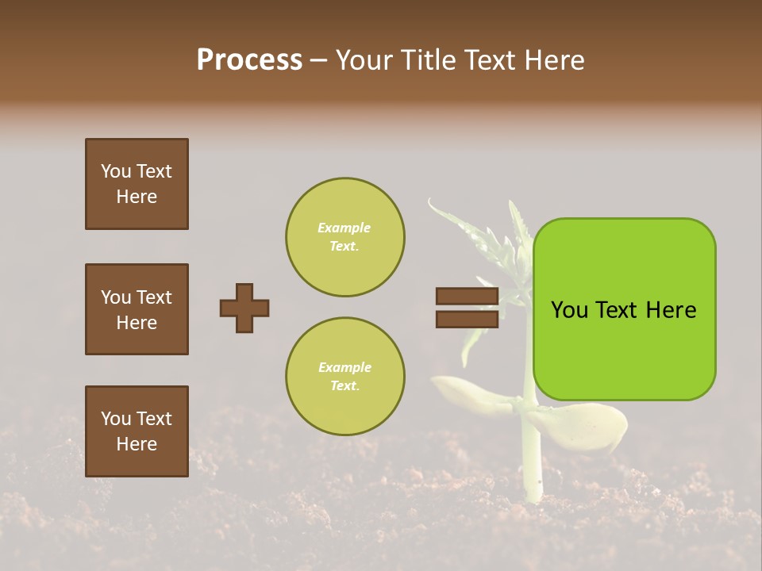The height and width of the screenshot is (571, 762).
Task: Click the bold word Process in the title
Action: click(249, 60)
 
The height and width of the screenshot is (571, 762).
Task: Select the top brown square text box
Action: click(137, 184)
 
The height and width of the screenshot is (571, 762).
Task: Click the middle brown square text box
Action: click(137, 309)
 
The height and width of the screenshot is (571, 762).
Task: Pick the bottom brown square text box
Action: click(137, 431)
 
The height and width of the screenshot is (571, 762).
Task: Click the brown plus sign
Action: click(244, 308)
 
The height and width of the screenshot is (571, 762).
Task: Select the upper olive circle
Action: click(345, 237)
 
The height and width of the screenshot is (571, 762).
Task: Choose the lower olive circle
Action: click(345, 377)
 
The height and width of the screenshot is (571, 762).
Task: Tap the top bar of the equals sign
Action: click(467, 297)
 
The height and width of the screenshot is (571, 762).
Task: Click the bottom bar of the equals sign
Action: click(467, 319)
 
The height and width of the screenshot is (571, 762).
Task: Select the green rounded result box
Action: click(624, 309)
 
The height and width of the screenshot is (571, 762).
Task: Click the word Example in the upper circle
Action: click(344, 228)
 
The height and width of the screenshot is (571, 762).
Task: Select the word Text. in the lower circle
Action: click(344, 386)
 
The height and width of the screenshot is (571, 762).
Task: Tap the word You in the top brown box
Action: click(115, 171)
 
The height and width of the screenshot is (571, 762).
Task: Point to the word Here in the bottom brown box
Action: click(137, 444)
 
